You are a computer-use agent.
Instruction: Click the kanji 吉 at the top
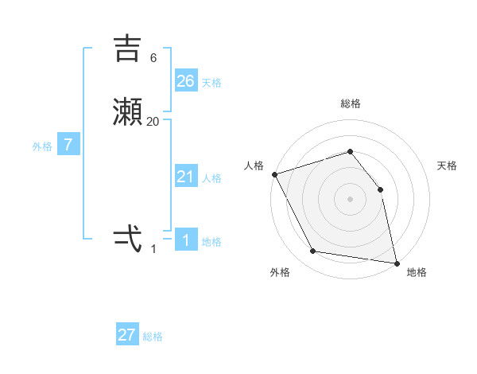(x=128, y=49)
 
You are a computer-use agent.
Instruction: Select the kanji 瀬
(x=128, y=112)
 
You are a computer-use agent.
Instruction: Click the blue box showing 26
(x=186, y=80)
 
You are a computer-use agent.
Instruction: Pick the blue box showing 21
(x=186, y=177)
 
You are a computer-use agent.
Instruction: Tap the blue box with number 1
(x=186, y=240)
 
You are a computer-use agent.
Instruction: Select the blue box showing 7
(x=68, y=146)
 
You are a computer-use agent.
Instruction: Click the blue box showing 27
(x=127, y=335)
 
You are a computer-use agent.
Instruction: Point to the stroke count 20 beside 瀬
(x=153, y=122)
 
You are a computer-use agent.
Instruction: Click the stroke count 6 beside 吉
(x=153, y=58)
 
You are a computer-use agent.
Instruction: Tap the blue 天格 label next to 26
(x=211, y=82)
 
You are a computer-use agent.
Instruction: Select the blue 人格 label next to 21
(x=211, y=178)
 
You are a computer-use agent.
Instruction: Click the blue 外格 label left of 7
(x=42, y=146)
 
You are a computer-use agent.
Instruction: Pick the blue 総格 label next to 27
(x=153, y=337)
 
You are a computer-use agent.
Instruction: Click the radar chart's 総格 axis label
(x=350, y=103)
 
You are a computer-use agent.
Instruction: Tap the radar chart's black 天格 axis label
(x=447, y=166)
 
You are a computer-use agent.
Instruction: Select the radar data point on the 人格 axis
(x=274, y=174)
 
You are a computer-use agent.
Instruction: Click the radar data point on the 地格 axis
(x=396, y=263)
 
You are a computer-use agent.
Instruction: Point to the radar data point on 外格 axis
(x=313, y=252)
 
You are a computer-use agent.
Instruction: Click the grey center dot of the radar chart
(x=350, y=199)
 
